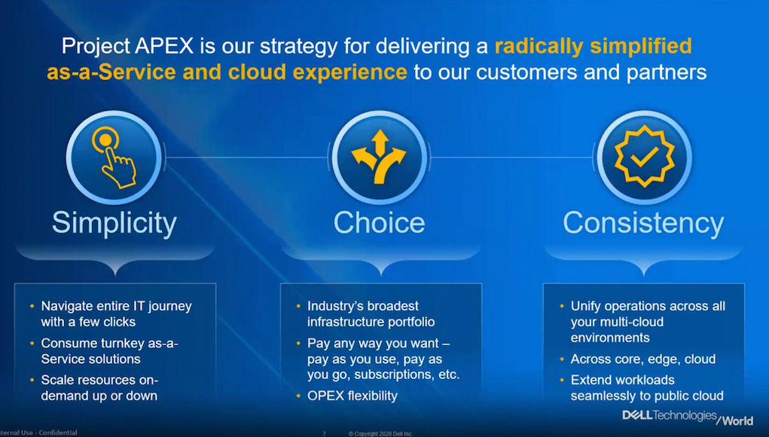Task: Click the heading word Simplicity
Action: [114, 224]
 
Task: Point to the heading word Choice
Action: [379, 223]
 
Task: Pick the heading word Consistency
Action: [643, 224]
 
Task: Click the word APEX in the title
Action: [164, 46]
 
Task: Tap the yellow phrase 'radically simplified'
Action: [594, 47]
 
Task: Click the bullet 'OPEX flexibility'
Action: [352, 396]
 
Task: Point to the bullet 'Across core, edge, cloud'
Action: [643, 359]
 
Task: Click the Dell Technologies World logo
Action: [688, 417]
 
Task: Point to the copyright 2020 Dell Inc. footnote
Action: [380, 433]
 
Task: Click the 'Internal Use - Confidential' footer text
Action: [38, 432]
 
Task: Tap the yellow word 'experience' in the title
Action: [349, 72]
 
